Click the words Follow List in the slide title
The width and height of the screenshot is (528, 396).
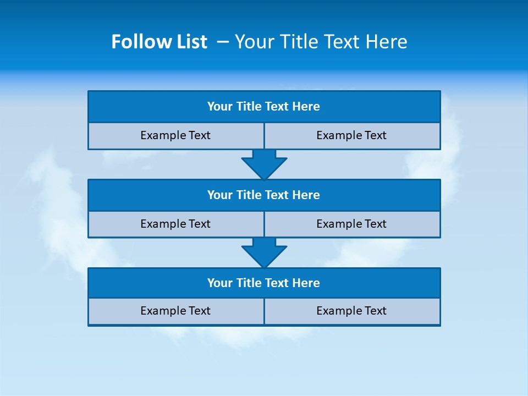click(159, 42)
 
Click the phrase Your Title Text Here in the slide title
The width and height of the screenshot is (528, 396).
click(321, 42)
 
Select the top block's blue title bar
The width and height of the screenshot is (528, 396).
click(264, 107)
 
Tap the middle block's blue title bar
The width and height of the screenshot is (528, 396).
click(264, 195)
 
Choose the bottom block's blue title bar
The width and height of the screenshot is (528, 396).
click(264, 283)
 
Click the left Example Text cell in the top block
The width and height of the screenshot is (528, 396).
click(175, 136)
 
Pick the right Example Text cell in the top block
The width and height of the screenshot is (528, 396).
click(352, 136)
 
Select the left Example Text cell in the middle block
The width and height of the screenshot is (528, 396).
click(175, 224)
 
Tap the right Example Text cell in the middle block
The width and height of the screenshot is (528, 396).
click(352, 224)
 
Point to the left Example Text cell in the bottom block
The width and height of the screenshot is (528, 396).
click(175, 311)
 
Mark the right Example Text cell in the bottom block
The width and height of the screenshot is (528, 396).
click(352, 311)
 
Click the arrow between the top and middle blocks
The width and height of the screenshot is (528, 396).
click(264, 164)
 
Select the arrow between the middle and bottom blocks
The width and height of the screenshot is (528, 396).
click(264, 252)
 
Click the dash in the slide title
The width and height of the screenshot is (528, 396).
click(223, 42)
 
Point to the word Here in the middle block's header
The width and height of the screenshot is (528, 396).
click(306, 195)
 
